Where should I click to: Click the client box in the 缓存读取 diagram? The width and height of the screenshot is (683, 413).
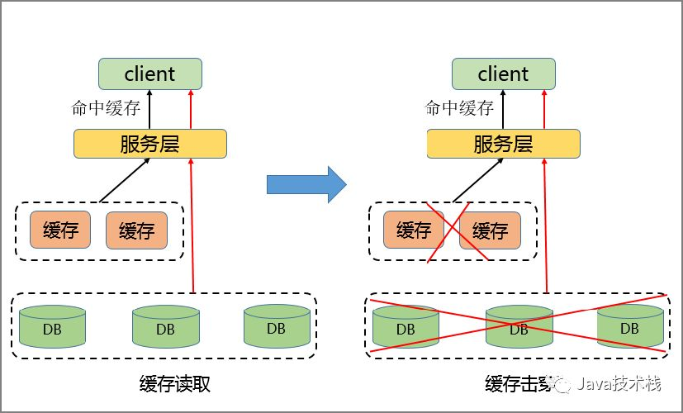[149, 74]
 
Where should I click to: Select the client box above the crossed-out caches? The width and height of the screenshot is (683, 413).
[503, 74]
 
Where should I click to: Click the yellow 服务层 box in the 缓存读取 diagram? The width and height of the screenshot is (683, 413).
[149, 144]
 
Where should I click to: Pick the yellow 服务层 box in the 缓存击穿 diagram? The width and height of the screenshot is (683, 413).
[503, 144]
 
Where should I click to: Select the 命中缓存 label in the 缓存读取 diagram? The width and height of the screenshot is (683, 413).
[106, 108]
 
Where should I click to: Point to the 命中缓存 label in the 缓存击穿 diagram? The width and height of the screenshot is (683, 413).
[459, 108]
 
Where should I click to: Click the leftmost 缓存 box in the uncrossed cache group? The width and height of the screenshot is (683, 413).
[60, 230]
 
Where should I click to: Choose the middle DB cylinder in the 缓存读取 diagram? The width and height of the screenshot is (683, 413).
[165, 328]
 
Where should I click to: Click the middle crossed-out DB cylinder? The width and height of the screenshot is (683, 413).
[519, 328]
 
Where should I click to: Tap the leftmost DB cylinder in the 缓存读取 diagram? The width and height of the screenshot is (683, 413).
[53, 328]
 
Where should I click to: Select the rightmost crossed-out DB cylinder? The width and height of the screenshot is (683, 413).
[630, 328]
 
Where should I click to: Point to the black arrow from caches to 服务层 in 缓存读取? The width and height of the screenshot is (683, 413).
[124, 180]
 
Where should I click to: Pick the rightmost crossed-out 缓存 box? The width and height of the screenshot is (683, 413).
[490, 230]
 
